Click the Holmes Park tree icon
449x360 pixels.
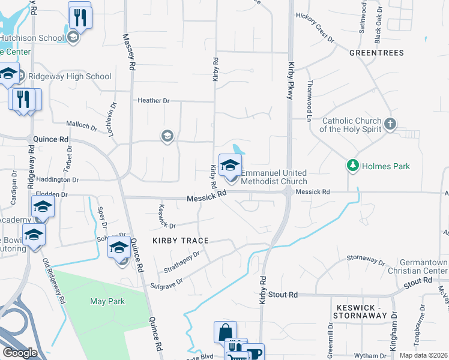coord(353,165)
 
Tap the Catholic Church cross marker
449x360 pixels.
coord(390,124)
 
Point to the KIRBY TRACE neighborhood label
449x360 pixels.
coord(181,241)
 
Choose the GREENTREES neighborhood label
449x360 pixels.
coord(377,53)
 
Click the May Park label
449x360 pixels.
coord(107,301)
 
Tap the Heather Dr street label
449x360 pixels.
coord(154,101)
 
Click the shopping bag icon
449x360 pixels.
coord(225,332)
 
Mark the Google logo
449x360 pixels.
coord(20,353)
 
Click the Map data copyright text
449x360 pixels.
coord(424,355)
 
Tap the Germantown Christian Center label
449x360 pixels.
coord(426,267)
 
